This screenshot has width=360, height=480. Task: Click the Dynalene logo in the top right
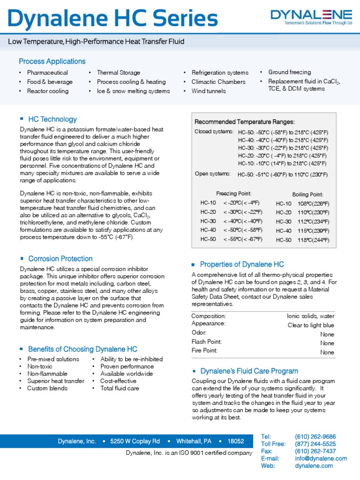311,18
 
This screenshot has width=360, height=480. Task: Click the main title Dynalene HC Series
113,19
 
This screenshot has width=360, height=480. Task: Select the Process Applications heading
52,61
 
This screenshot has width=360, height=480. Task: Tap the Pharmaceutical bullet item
47,73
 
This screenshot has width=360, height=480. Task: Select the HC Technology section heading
52,120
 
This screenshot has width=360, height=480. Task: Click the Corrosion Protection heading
60,259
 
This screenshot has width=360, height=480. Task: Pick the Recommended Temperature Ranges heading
244,122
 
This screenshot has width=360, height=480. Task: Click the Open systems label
212,174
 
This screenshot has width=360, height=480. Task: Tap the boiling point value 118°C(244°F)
313,240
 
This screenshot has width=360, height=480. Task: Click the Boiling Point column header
307,194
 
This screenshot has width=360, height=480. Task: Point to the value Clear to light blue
311,325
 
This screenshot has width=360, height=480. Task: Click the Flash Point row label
207,342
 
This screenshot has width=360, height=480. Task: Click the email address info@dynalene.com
321,458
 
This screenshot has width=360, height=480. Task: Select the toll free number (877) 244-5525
315,444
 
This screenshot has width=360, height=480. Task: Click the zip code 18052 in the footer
236,441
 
